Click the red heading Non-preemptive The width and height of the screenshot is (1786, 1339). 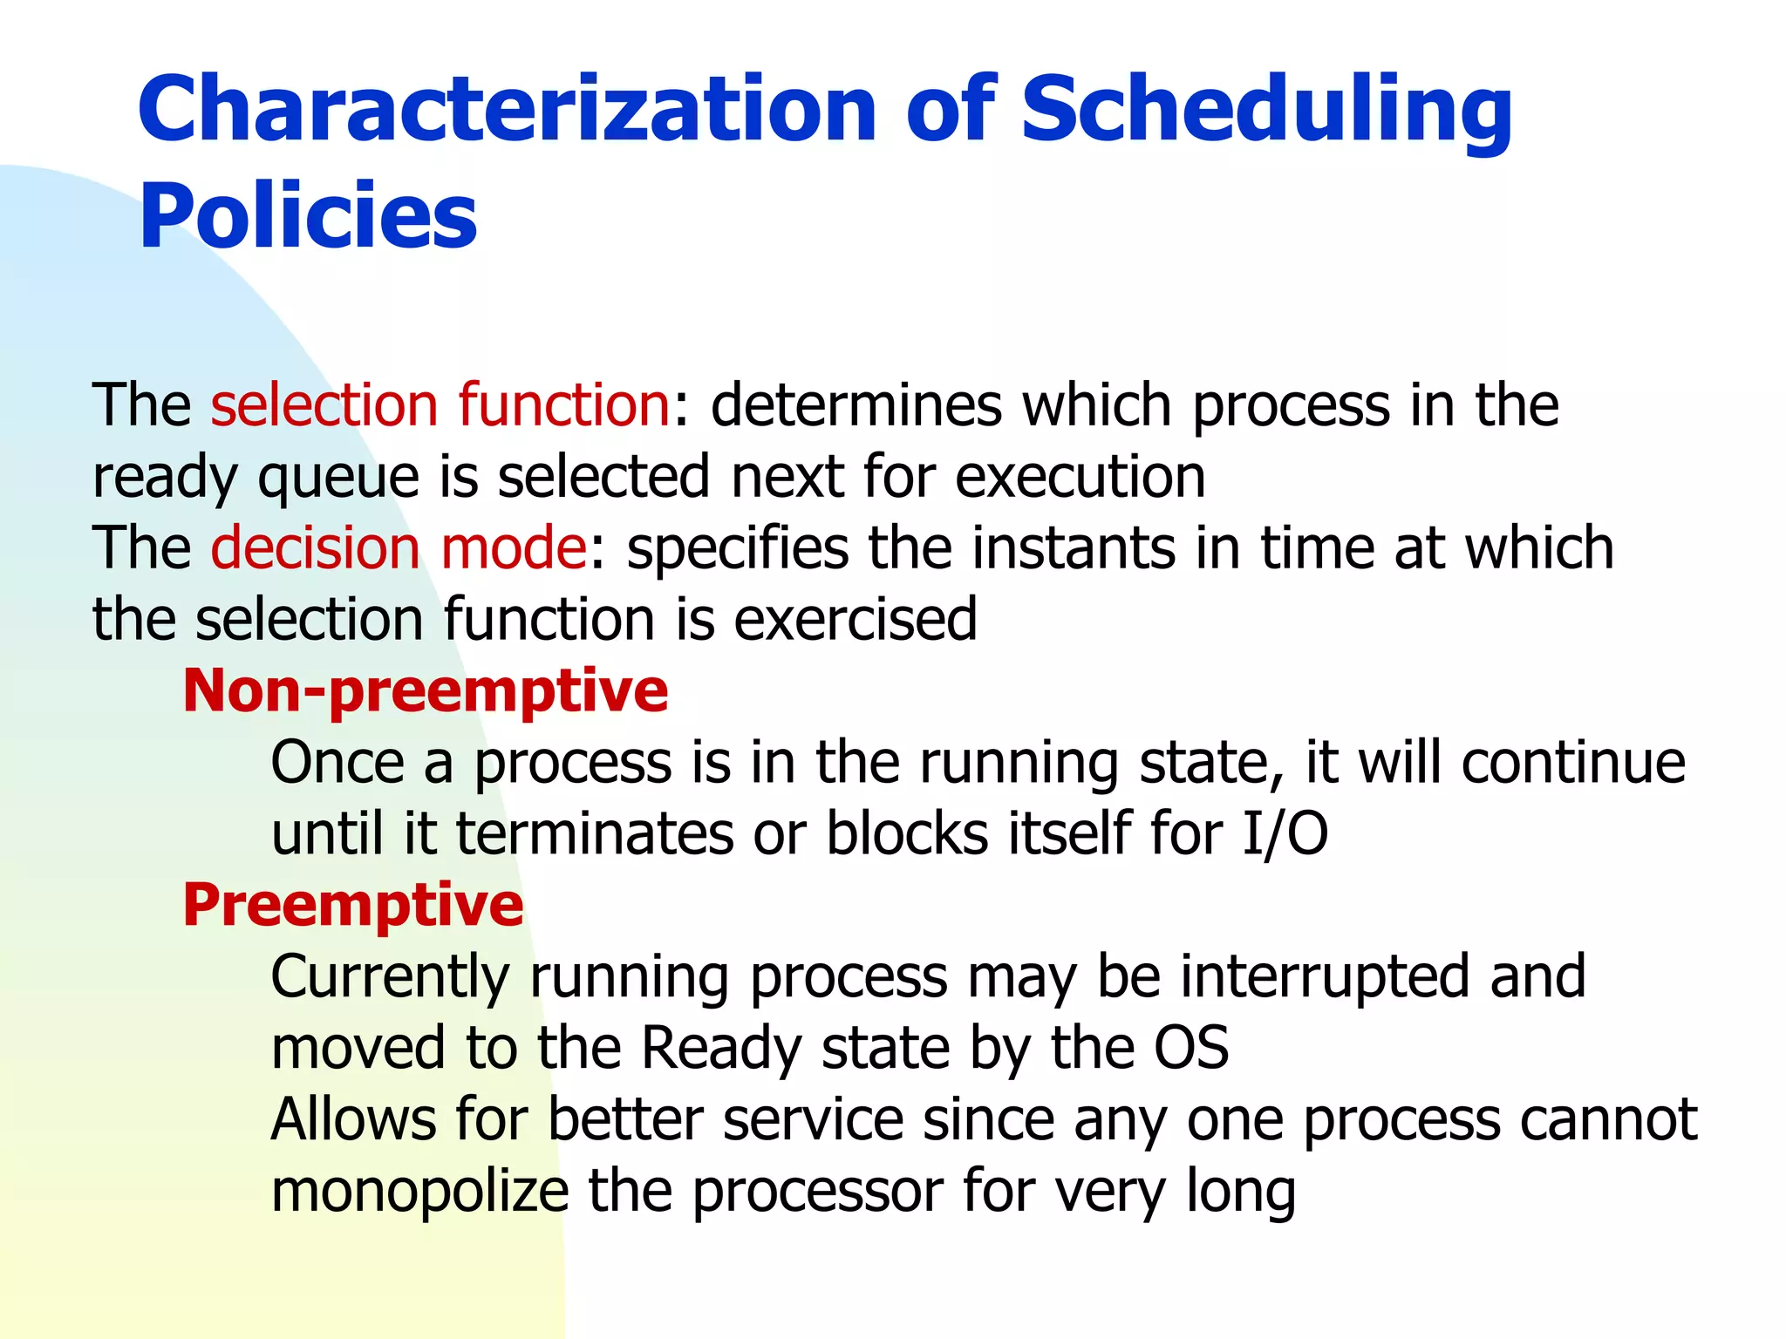click(426, 690)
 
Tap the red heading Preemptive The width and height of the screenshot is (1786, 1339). click(353, 905)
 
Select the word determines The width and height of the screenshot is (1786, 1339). click(856, 405)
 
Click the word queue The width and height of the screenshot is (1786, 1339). click(338, 479)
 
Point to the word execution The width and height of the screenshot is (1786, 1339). click(1080, 477)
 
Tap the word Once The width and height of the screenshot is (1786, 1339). click(337, 763)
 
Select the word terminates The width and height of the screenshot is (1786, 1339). click(595, 834)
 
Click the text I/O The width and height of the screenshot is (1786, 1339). click(1285, 834)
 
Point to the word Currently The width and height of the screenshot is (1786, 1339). click(390, 977)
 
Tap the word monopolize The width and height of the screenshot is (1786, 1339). click(419, 1192)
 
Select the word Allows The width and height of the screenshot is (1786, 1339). click(353, 1119)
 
